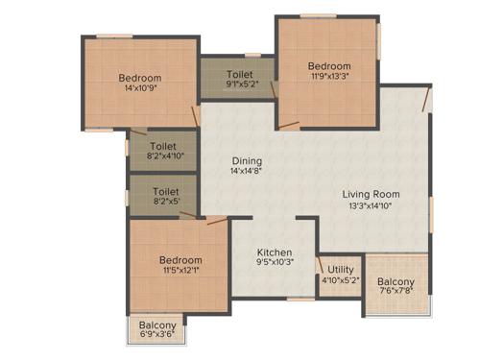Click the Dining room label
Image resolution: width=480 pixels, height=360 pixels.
(246, 160)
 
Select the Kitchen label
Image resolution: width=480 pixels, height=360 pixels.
(274, 252)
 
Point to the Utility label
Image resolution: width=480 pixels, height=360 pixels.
(341, 270)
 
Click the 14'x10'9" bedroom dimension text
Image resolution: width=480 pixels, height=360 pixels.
(140, 89)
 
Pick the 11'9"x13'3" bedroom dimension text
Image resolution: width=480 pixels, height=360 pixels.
(329, 78)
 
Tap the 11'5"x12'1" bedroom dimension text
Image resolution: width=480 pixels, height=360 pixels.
(180, 272)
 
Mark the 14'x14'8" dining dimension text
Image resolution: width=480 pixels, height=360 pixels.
(246, 172)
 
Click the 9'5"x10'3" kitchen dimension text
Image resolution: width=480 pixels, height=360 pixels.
(274, 263)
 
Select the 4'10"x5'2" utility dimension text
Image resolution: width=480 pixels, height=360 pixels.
(341, 281)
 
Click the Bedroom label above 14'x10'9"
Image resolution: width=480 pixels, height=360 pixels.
(140, 78)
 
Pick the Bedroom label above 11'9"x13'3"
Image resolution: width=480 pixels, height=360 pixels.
(329, 66)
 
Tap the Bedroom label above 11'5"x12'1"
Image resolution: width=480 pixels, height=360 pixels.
(180, 260)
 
